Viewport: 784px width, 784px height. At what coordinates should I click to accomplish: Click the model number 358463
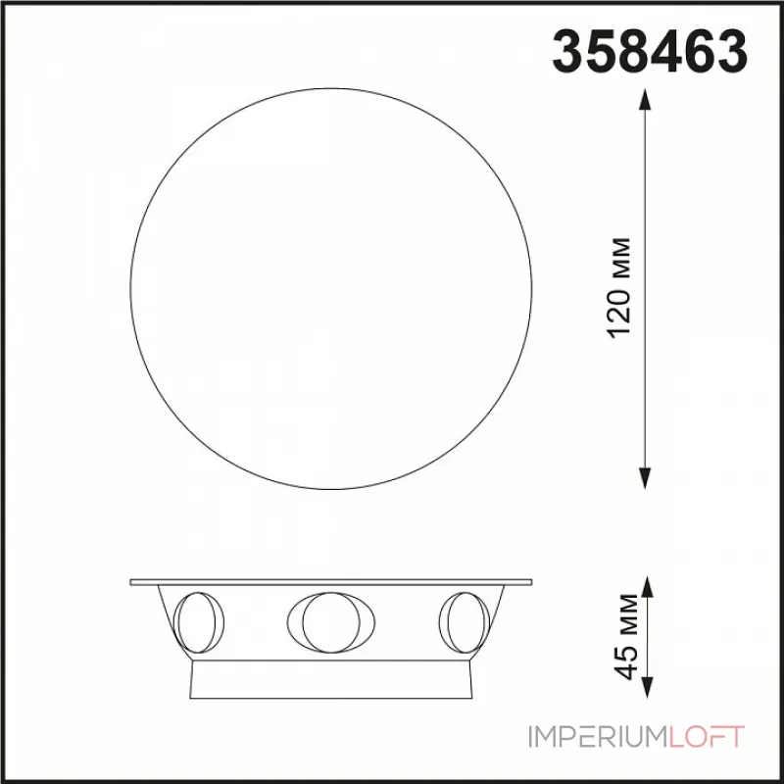point(650,51)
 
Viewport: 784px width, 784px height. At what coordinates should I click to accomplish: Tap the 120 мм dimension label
point(619,288)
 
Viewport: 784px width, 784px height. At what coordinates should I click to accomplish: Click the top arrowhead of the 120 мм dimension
point(645,100)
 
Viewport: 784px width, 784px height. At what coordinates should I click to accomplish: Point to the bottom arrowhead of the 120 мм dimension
point(645,478)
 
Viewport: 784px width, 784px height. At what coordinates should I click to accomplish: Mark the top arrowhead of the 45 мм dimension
point(647,587)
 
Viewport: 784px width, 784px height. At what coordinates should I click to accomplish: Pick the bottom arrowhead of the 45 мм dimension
point(647,687)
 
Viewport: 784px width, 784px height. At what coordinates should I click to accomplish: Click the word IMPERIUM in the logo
point(598,737)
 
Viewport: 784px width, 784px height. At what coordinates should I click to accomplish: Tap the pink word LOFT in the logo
point(707,737)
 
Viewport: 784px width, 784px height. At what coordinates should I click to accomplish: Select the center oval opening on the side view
point(331,622)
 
